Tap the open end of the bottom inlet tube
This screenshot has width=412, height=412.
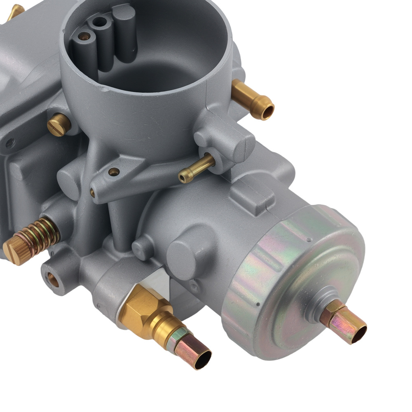point(202,360)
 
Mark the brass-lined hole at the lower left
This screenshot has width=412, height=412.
point(53,279)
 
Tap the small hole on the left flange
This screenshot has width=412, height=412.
point(9,143)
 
